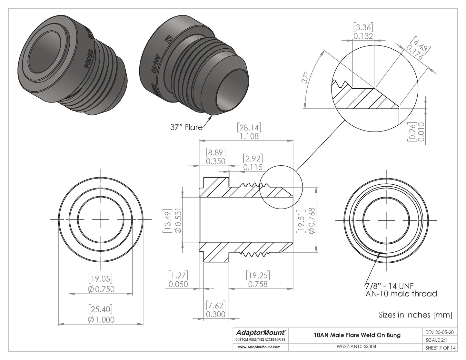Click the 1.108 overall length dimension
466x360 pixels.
click(x=249, y=136)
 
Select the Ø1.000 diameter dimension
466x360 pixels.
click(x=101, y=319)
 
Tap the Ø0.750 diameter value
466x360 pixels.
click(x=101, y=289)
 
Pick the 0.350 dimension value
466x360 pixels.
click(x=215, y=161)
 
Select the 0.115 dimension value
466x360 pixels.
click(x=253, y=167)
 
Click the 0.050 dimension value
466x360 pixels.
click(x=178, y=284)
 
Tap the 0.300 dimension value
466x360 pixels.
click(x=215, y=314)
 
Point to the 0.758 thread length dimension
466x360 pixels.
click(x=258, y=284)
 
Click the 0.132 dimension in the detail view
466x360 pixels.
click(x=363, y=36)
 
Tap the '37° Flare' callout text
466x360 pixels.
click(x=186, y=127)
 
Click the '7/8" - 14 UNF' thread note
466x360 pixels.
click(x=389, y=286)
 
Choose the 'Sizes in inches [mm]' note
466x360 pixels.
click(x=415, y=315)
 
